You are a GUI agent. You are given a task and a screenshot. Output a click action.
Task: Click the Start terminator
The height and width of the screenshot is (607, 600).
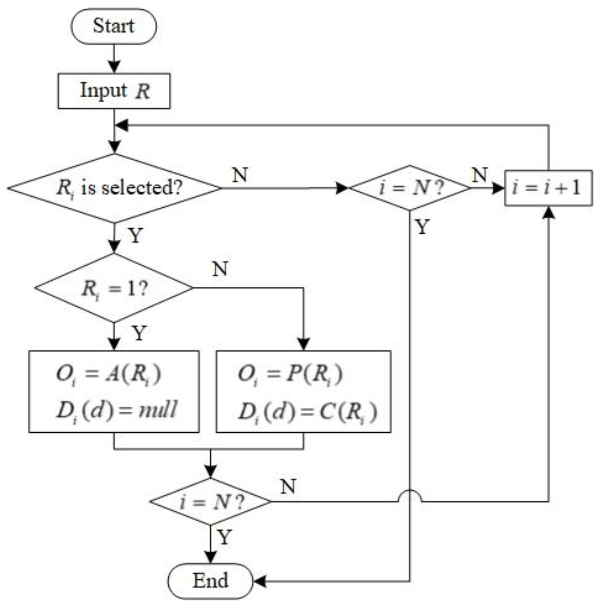coord(114,26)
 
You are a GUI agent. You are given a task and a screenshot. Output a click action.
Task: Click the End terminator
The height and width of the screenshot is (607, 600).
coord(210,581)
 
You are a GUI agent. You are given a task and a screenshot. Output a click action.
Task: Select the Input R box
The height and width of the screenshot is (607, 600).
coord(114,91)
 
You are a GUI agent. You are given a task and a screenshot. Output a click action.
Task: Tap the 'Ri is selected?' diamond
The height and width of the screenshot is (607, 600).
coord(115,188)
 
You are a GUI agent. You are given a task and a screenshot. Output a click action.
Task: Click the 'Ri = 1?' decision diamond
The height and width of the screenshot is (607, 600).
coord(114,288)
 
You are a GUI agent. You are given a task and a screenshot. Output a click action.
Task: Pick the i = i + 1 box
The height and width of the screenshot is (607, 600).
coord(548,188)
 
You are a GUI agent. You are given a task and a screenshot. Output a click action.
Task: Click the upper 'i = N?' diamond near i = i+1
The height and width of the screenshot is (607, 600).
coord(409,188)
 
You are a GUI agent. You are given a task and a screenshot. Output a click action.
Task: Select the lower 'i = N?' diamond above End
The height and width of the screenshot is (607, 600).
coord(210,501)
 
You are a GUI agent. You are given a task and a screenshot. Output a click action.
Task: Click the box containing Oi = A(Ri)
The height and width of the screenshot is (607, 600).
coord(114,391)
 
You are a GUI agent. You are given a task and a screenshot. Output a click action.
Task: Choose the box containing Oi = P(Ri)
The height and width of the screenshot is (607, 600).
coord(304,391)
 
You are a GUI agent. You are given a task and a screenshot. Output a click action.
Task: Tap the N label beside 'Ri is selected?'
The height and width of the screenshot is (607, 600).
coord(240,175)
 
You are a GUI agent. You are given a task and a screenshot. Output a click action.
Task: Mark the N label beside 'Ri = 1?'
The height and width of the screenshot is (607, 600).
coord(220,269)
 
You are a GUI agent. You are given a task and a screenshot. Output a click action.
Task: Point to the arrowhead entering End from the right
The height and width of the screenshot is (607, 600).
coord(259,581)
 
